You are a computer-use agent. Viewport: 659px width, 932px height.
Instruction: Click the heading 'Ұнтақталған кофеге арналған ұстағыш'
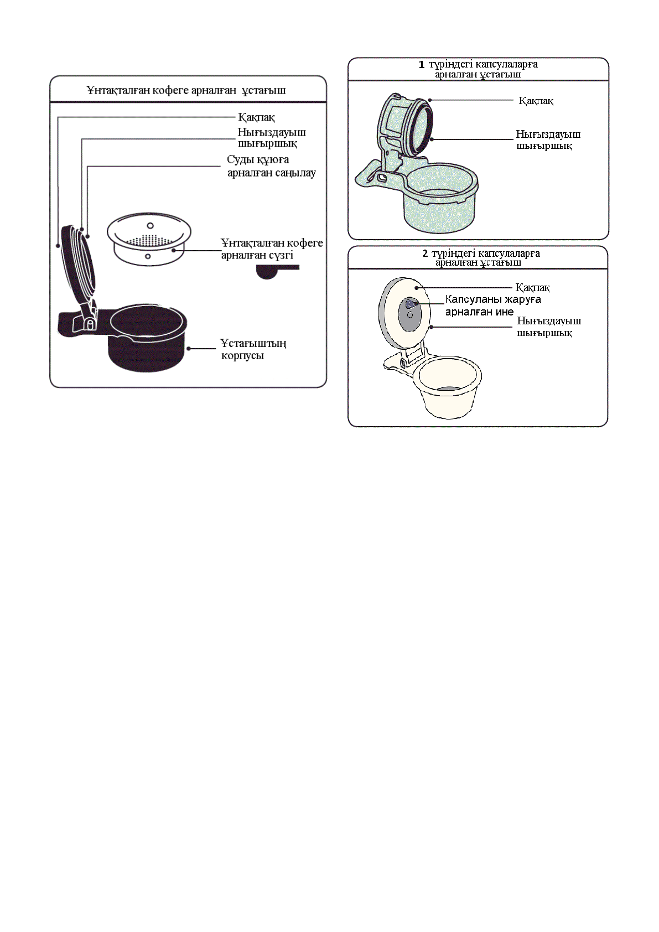tap(186, 90)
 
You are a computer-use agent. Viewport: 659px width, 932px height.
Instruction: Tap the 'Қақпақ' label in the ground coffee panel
tap(256, 117)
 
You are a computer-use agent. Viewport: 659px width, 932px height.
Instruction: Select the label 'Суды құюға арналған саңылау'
tap(271, 166)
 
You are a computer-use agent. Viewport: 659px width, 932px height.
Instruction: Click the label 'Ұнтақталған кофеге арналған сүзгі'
tap(271, 249)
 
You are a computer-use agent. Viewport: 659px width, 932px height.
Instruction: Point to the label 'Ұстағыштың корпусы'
tap(253, 349)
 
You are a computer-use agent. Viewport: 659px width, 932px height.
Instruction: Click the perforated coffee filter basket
tap(148, 239)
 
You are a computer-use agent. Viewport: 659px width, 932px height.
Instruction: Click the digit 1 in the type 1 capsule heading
tap(422, 64)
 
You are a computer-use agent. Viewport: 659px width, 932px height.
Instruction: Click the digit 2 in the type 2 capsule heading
tap(425, 253)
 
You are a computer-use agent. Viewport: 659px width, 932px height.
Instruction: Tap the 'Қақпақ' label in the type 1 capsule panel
tap(536, 101)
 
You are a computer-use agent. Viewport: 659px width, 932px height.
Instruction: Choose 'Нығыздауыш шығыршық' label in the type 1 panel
tap(548, 140)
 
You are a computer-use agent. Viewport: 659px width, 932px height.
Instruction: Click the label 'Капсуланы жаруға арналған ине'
tap(492, 306)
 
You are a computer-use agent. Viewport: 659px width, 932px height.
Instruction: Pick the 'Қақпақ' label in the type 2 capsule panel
tap(532, 288)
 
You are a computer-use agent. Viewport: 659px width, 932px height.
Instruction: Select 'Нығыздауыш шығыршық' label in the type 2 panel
tap(548, 327)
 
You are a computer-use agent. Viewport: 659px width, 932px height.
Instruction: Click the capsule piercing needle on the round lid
tap(409, 304)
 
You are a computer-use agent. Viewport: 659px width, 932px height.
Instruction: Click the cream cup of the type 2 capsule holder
tap(448, 387)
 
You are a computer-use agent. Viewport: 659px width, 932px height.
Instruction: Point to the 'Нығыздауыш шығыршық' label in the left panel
tap(271, 138)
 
